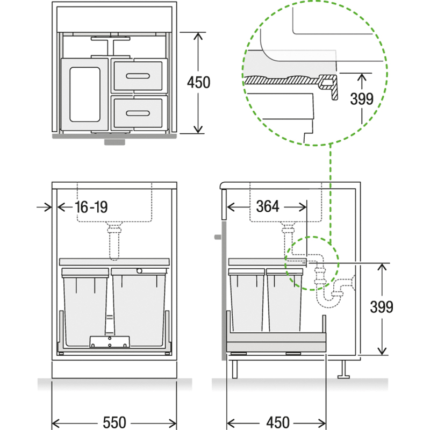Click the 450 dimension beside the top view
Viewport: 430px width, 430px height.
point(198,82)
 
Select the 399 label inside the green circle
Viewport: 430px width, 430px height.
point(362,99)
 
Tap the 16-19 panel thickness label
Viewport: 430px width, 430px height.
point(91,207)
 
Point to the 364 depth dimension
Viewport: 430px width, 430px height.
point(268,206)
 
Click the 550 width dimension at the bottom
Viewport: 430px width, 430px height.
point(114,422)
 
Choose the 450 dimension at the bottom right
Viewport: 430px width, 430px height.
point(278,422)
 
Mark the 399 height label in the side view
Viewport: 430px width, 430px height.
point(382,307)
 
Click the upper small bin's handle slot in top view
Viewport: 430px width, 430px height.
point(138,76)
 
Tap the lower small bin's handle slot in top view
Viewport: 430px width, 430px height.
point(138,113)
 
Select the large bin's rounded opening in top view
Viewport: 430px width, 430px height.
point(85,95)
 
